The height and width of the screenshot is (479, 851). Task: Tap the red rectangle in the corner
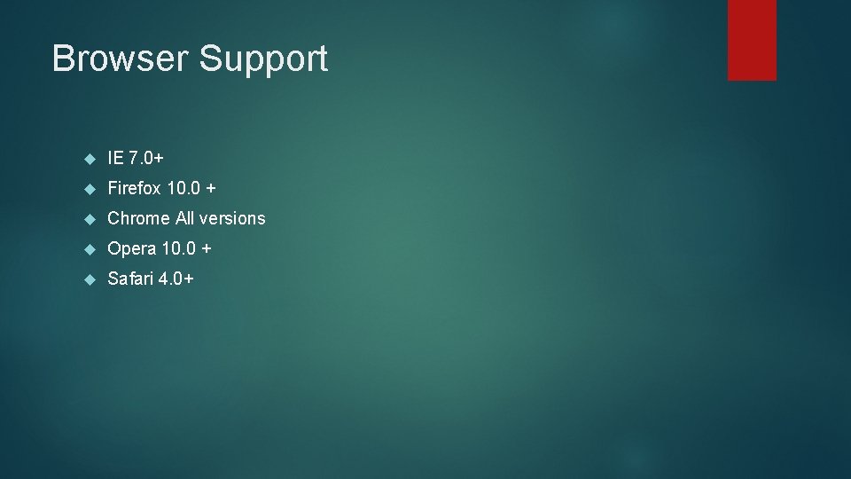click(x=752, y=40)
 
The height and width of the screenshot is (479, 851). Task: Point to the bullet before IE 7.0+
click(x=89, y=159)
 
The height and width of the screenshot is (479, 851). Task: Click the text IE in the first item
click(x=114, y=158)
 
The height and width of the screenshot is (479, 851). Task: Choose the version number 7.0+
click(x=146, y=158)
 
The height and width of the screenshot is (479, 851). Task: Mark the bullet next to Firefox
click(x=89, y=189)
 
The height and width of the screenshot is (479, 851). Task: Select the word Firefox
click(x=134, y=188)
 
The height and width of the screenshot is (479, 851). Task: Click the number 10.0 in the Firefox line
click(x=183, y=188)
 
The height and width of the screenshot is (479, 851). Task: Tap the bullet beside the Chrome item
click(x=89, y=219)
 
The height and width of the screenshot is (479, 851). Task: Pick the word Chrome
click(x=138, y=218)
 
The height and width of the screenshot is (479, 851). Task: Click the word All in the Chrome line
click(x=185, y=218)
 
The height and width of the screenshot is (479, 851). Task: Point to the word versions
click(x=233, y=218)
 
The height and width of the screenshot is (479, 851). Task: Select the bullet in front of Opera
click(x=89, y=249)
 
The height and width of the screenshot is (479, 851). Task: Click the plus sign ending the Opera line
click(x=206, y=249)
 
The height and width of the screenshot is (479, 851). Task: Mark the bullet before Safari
click(x=89, y=279)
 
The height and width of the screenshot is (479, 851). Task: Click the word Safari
click(x=129, y=279)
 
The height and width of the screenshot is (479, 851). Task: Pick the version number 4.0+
click(x=176, y=279)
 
